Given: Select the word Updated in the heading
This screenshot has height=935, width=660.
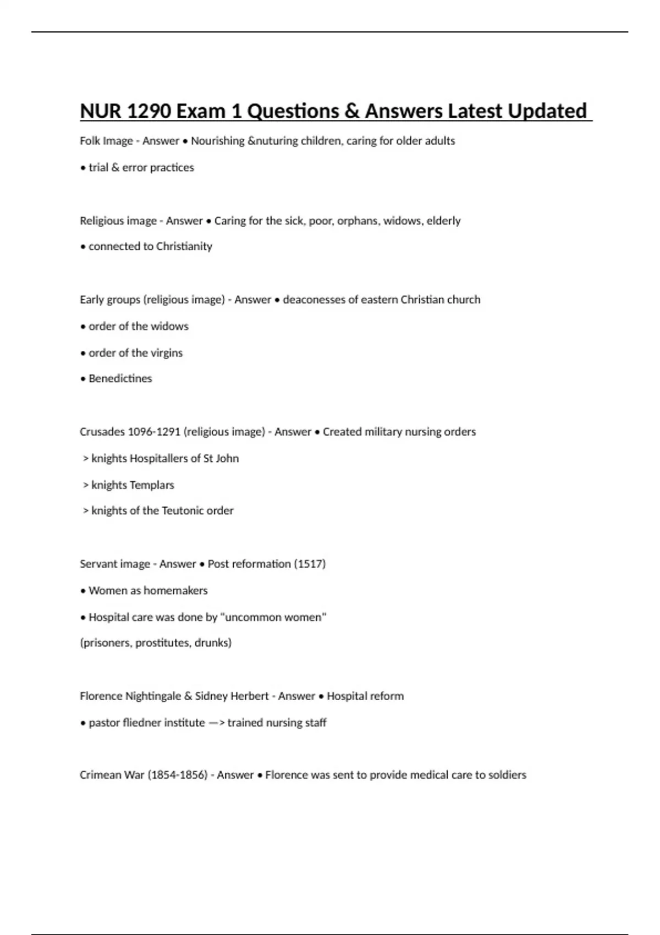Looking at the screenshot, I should click(x=547, y=111).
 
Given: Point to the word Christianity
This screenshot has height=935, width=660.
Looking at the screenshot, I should click(x=184, y=246).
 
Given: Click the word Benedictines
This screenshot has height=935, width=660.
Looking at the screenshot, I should click(x=120, y=378).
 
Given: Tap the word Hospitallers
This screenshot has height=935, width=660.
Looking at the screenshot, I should click(x=164, y=458).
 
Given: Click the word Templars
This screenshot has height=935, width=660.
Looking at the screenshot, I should click(x=152, y=485).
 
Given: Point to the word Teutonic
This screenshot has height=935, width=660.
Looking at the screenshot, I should click(x=183, y=510).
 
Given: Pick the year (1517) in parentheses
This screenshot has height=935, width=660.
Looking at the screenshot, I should click(x=310, y=564).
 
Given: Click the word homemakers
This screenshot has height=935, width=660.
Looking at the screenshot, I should click(x=176, y=590).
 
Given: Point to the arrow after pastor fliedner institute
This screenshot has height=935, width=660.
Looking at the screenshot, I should click(x=216, y=723).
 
